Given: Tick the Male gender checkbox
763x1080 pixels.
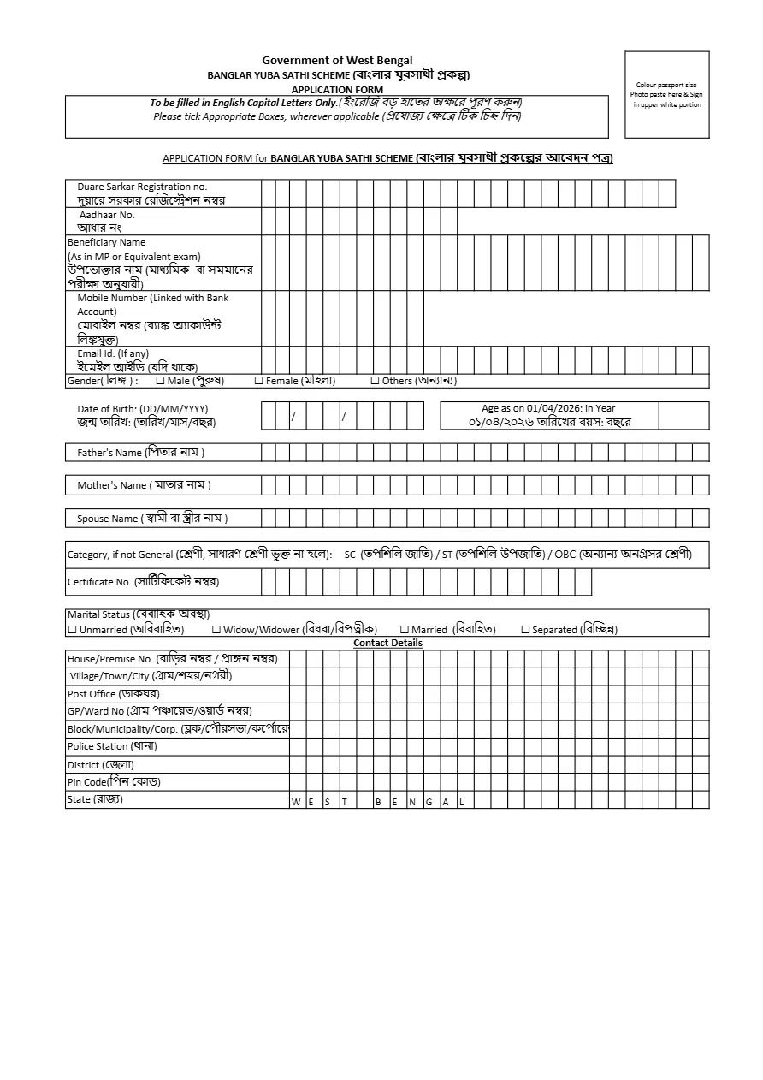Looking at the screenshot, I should pyautogui.click(x=160, y=381).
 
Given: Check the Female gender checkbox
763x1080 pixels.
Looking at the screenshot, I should pyautogui.click(x=259, y=381).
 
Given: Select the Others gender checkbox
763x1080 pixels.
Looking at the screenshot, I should pyautogui.click(x=375, y=381).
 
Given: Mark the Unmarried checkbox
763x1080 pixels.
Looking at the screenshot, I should pyautogui.click(x=72, y=630).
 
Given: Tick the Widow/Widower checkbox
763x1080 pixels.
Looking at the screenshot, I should pyautogui.click(x=216, y=630).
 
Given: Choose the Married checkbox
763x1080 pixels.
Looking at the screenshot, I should pyautogui.click(x=405, y=630).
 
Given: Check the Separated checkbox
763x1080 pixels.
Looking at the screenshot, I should pyautogui.click(x=525, y=630).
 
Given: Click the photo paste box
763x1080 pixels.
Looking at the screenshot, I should pyautogui.click(x=667, y=94).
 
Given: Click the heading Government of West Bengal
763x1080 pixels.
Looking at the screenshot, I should pyautogui.click(x=337, y=61).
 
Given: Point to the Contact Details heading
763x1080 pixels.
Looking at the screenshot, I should pyautogui.click(x=387, y=643).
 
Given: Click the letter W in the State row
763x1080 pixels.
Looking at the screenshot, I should pyautogui.click(x=296, y=802).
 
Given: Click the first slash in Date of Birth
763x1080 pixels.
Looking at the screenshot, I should pyautogui.click(x=293, y=416).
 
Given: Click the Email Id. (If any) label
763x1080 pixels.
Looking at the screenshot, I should pyautogui.click(x=112, y=353).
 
